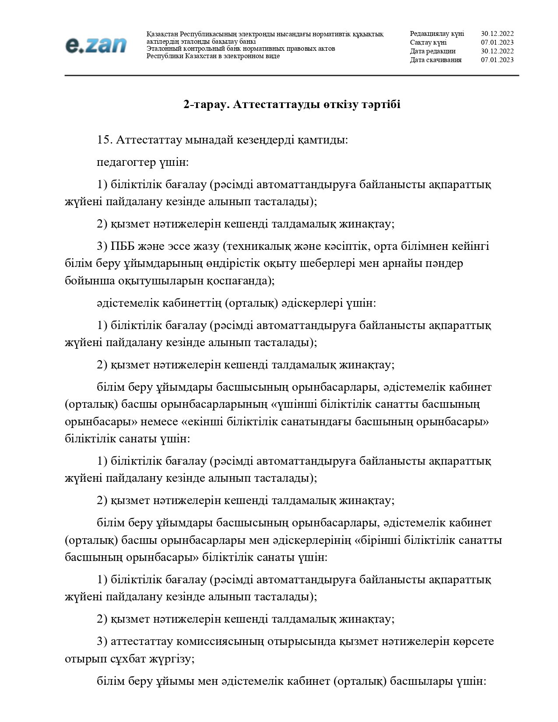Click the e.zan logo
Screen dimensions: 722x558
pyautogui.click(x=96, y=45)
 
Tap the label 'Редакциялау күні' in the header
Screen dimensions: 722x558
pyautogui.click(x=437, y=34)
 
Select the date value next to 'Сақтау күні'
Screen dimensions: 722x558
pyautogui.click(x=497, y=42)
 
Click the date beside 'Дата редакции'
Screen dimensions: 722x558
pyautogui.click(x=497, y=51)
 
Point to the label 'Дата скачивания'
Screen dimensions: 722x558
pyautogui.click(x=435, y=60)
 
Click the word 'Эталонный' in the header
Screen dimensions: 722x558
pyautogui.click(x=161, y=49)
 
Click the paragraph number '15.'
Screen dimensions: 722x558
pyautogui.click(x=105, y=140)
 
